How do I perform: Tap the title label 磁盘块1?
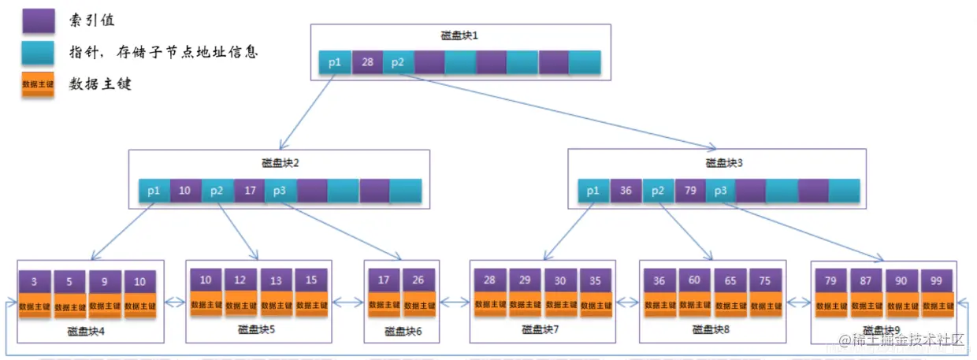459,36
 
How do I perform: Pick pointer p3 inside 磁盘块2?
280,191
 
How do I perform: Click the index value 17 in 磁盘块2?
249,191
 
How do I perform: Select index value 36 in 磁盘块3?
626,191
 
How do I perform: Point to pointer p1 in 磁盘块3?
593,191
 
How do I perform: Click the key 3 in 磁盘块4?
35,281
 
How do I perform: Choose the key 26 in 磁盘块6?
418,280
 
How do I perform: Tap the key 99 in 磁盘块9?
937,280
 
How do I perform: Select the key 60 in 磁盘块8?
695,280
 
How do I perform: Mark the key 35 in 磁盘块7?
595,280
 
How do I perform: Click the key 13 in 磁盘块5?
276,280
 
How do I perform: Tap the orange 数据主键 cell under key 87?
866,305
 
